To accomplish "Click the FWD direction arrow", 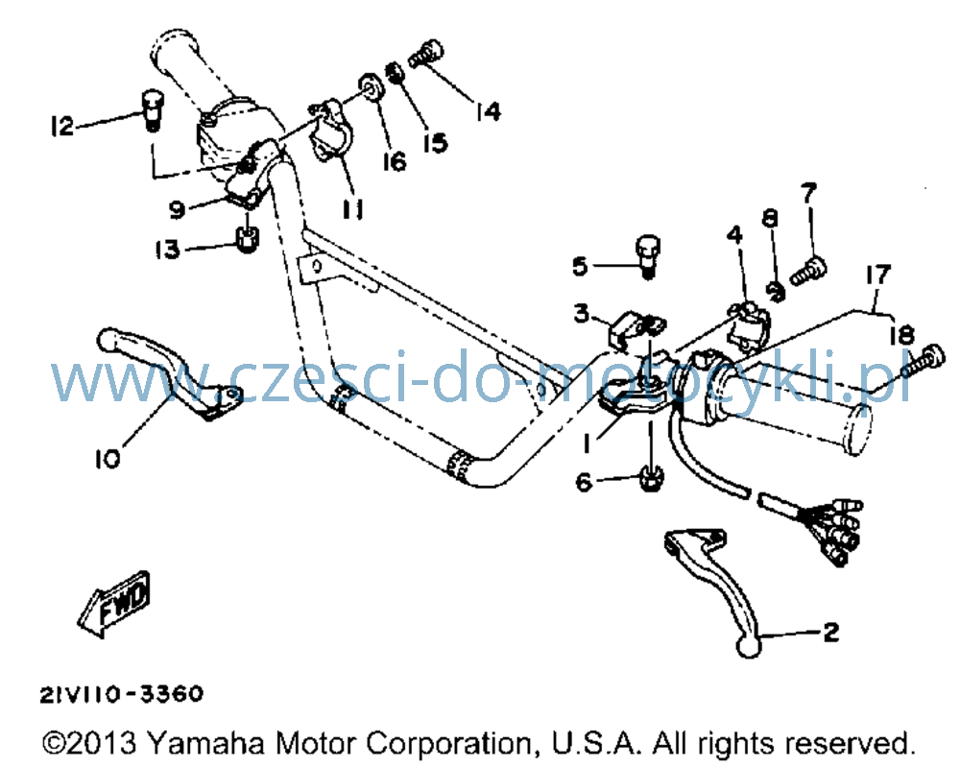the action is pyautogui.click(x=114, y=604).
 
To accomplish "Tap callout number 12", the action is pyautogui.click(x=61, y=126).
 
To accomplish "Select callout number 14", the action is pyautogui.click(x=489, y=111).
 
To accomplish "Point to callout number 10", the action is pyautogui.click(x=108, y=458).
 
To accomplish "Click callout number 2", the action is pyautogui.click(x=830, y=632).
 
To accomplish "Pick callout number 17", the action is pyautogui.click(x=878, y=275).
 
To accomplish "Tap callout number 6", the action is pyautogui.click(x=584, y=482).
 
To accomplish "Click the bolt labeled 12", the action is pyautogui.click(x=152, y=109).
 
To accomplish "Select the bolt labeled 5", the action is pyautogui.click(x=648, y=255).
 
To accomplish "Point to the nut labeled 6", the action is pyautogui.click(x=650, y=477).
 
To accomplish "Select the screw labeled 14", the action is pyautogui.click(x=426, y=54).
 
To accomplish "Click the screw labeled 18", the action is pyautogui.click(x=924, y=361).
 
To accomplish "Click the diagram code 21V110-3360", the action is pyautogui.click(x=121, y=694).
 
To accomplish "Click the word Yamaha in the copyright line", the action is pyautogui.click(x=206, y=744).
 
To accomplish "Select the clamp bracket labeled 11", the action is pyautogui.click(x=330, y=131).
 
